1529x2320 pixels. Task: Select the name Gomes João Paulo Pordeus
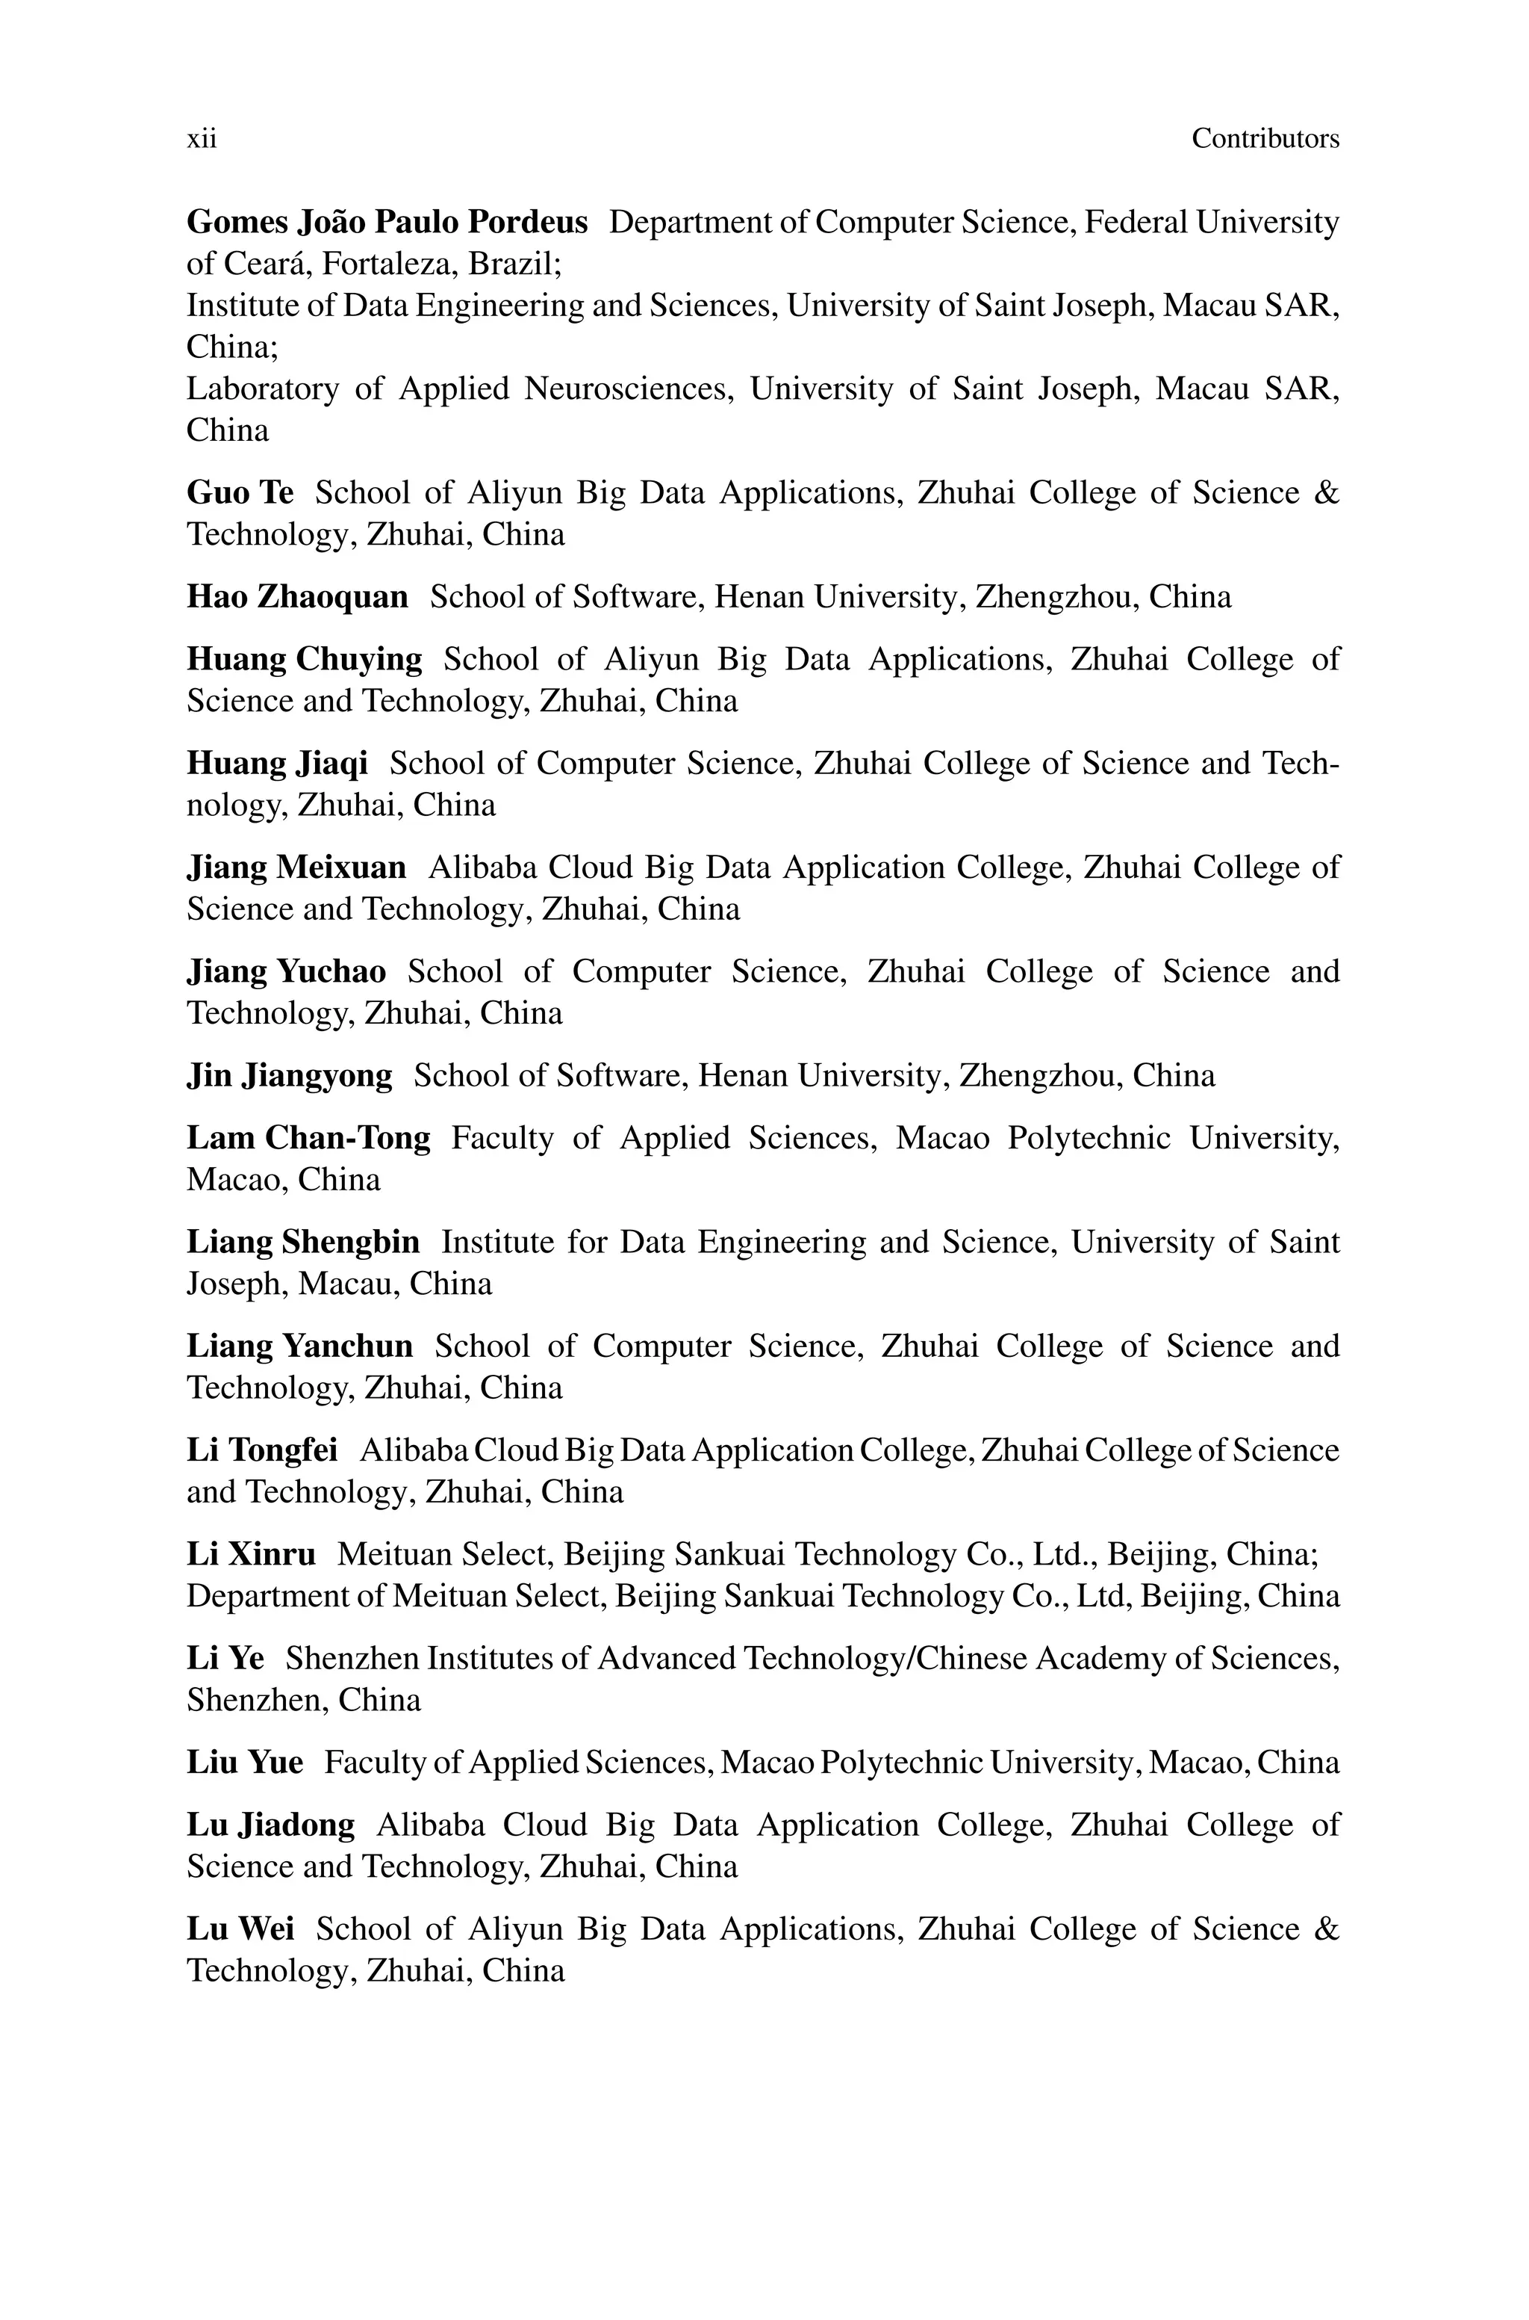387,223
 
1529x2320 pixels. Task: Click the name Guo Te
240,492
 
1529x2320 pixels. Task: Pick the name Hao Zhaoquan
297,597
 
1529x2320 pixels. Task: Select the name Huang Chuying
305,660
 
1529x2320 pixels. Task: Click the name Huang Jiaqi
277,764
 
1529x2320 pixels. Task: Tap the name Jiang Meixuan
296,867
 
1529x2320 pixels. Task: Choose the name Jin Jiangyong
290,1076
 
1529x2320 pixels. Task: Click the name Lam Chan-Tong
308,1139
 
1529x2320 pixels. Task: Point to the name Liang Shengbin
303,1242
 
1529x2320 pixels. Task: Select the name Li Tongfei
262,1451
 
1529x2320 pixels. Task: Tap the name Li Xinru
252,1554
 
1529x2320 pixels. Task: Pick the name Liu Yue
245,1763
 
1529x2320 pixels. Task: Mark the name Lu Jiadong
271,1825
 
